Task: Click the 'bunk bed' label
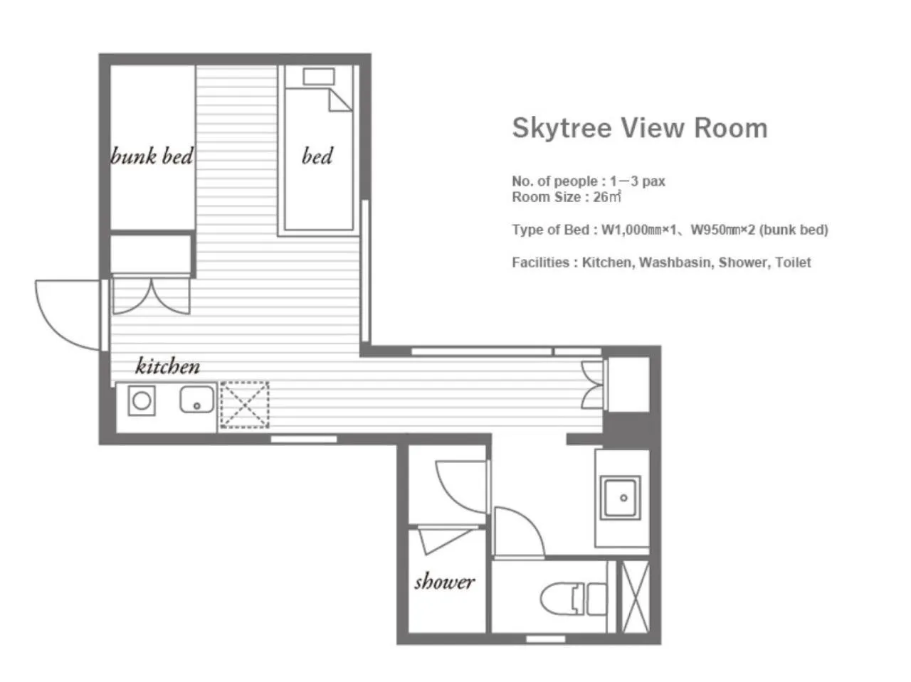[x=152, y=156]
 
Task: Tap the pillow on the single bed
[x=318, y=77]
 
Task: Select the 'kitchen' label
[x=167, y=366]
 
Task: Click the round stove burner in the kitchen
[x=142, y=400]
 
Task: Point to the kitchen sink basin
[x=197, y=399]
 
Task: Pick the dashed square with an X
[x=244, y=404]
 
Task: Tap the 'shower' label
[x=444, y=582]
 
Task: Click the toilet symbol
[x=573, y=598]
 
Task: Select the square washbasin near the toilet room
[x=620, y=497]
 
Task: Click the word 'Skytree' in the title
[x=562, y=127]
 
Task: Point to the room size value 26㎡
[x=607, y=196]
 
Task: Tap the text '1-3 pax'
[x=637, y=181]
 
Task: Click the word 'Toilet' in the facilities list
[x=793, y=262]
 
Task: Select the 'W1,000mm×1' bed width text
[x=638, y=229]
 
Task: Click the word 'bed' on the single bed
[x=317, y=156]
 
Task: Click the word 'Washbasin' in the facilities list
[x=675, y=262]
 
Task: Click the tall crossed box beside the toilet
[x=636, y=597]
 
